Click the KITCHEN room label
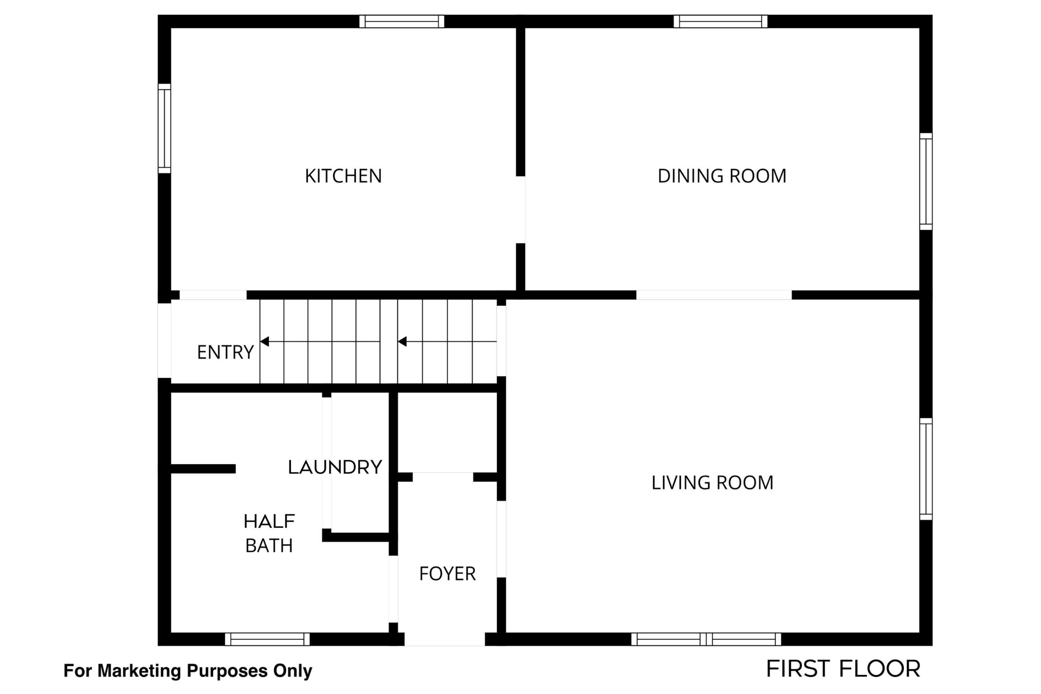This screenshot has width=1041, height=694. point(343,176)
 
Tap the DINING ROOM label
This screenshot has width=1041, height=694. point(722,176)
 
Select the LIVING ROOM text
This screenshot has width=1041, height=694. point(712,483)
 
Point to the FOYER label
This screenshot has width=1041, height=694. point(447,574)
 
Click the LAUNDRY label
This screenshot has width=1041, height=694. point(335,468)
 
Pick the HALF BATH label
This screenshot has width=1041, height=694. point(269,534)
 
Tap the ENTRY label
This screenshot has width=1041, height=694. point(225,353)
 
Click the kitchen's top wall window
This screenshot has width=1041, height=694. point(401,21)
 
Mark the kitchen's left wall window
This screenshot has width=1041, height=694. point(164,128)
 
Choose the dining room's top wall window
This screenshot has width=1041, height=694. point(720,21)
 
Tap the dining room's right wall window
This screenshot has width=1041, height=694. point(926,181)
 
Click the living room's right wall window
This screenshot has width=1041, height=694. point(926,469)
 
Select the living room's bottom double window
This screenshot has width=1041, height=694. point(706,639)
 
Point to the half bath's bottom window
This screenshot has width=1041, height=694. point(267,639)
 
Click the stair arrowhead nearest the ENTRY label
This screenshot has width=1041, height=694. point(265,342)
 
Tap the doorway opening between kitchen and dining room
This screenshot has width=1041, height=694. point(520,210)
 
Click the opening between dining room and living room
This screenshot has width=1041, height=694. point(714,295)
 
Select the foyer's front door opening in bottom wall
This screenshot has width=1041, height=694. point(445,639)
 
